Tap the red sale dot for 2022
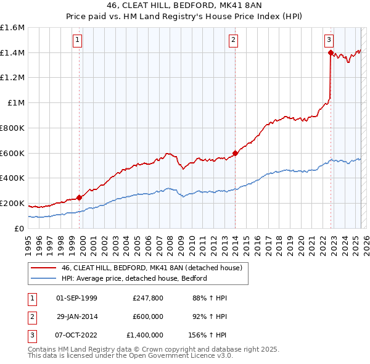[x=331, y=53]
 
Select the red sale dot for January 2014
[x=235, y=153]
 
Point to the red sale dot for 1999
[x=79, y=197]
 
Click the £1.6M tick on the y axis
[x=12, y=28]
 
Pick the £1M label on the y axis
[x=15, y=103]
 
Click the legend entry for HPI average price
[x=134, y=278]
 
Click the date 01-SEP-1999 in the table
[x=76, y=299]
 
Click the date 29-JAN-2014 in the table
[x=76, y=317]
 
